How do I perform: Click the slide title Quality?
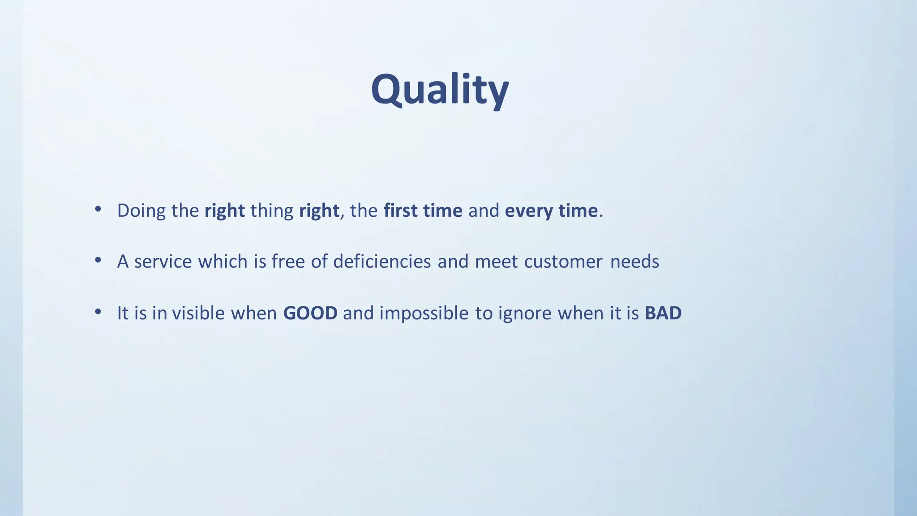pyautogui.click(x=440, y=90)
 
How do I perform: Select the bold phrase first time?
pyautogui.click(x=423, y=211)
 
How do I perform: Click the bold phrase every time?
pyautogui.click(x=551, y=211)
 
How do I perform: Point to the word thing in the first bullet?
pyautogui.click(x=272, y=211)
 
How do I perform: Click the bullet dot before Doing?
pyautogui.click(x=98, y=209)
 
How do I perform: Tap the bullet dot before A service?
pyautogui.click(x=98, y=260)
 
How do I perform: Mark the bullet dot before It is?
pyautogui.click(x=98, y=312)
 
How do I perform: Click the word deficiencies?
pyautogui.click(x=382, y=262)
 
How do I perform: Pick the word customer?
pyautogui.click(x=563, y=262)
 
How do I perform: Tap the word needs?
pyautogui.click(x=634, y=262)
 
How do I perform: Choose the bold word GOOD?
pyautogui.click(x=310, y=313)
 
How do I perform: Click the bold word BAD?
pyautogui.click(x=663, y=313)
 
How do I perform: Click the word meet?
pyautogui.click(x=496, y=262)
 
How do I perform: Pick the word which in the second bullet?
pyautogui.click(x=223, y=262)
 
